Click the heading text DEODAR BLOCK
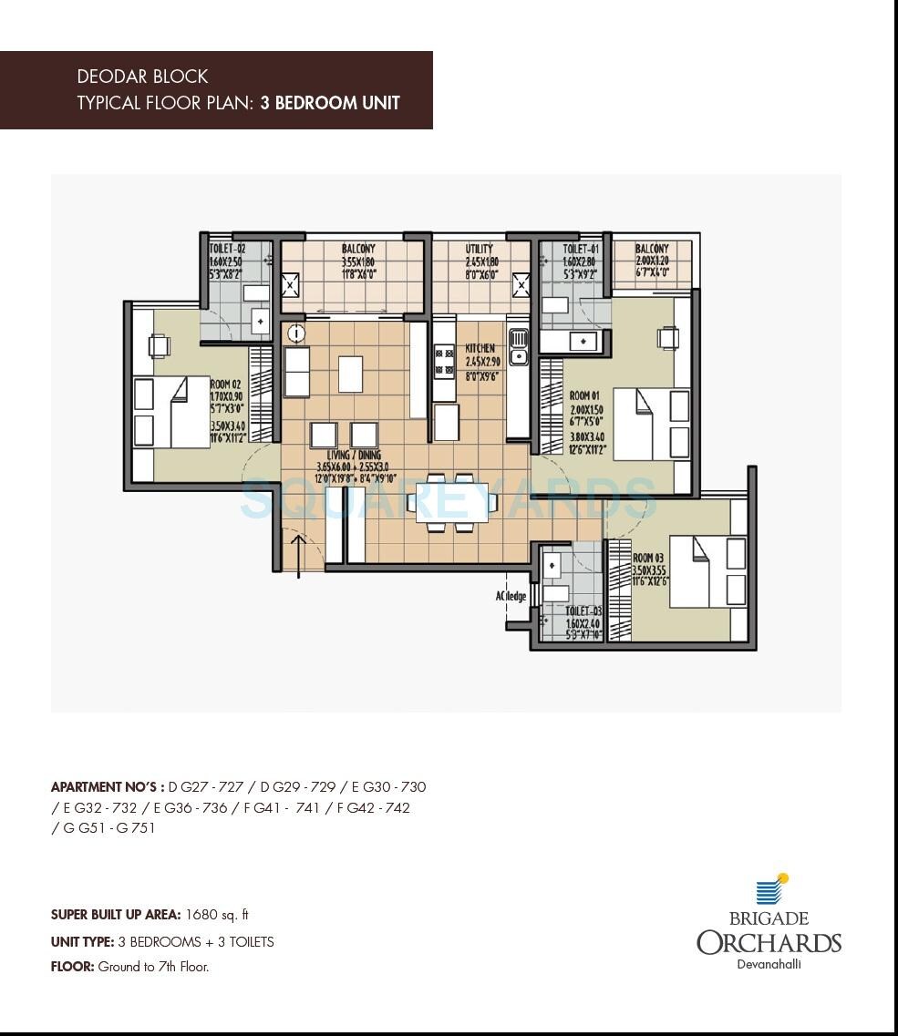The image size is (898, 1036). coord(142,77)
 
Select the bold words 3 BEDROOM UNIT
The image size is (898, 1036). coord(330,103)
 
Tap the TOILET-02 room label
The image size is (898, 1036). coord(227,248)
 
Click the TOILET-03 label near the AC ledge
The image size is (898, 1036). coord(583,611)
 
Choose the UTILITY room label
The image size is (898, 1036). coord(479,248)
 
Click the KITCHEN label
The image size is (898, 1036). coord(480,349)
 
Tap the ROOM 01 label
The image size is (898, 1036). coord(585,396)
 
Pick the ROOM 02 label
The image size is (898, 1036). coord(225,385)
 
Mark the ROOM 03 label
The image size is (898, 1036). coord(649,558)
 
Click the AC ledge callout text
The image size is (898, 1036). coord(511,596)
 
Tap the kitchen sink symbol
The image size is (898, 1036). coord(518,347)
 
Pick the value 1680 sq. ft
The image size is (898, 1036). coord(216,914)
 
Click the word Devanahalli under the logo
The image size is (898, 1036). coord(769,966)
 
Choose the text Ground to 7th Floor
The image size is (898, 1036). coord(153,967)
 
